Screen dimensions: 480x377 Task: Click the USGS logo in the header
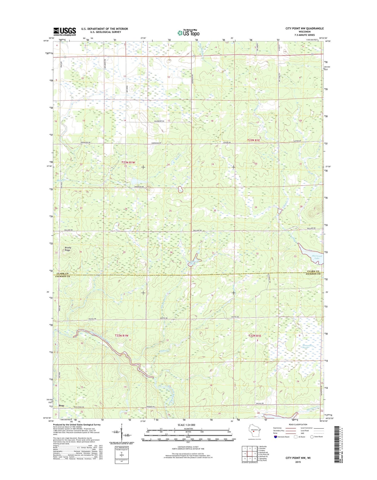pyautogui.click(x=65, y=32)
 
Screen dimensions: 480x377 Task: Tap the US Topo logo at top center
pyautogui.click(x=188, y=33)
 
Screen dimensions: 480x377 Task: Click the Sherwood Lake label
pyautogui.click(x=317, y=257)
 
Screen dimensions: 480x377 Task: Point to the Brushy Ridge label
pyautogui.click(x=68, y=249)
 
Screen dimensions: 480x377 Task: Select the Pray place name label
pyautogui.click(x=62, y=406)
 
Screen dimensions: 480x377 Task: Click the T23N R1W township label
pyautogui.click(x=128, y=162)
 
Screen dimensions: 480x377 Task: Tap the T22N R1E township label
pyautogui.click(x=255, y=336)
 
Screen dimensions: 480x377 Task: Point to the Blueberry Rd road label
pyautogui.click(x=159, y=121)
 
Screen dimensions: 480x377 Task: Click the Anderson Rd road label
pyautogui.click(x=139, y=187)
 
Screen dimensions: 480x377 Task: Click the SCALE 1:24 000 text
pyautogui.click(x=186, y=425)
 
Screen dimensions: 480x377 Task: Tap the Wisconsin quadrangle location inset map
pyautogui.click(x=253, y=431)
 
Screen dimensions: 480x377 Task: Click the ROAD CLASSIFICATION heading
pyautogui.click(x=298, y=424)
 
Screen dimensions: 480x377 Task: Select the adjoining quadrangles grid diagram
pyautogui.click(x=250, y=453)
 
